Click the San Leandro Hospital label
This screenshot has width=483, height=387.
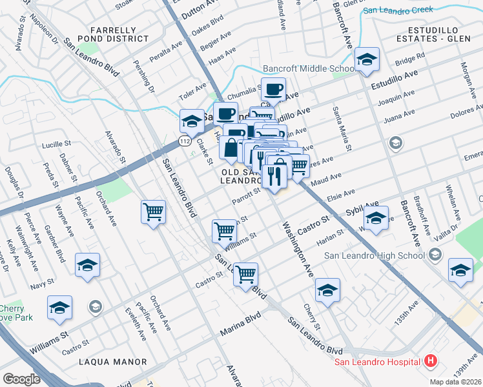[x=378, y=361]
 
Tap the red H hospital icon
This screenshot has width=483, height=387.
[x=431, y=361]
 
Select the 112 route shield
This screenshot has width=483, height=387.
[x=185, y=140]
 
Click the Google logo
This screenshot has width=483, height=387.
[x=22, y=379]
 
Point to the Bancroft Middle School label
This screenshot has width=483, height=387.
[x=308, y=68]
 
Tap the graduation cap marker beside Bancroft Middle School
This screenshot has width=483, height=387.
[x=367, y=61]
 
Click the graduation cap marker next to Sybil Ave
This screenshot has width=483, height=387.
[x=376, y=217]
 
